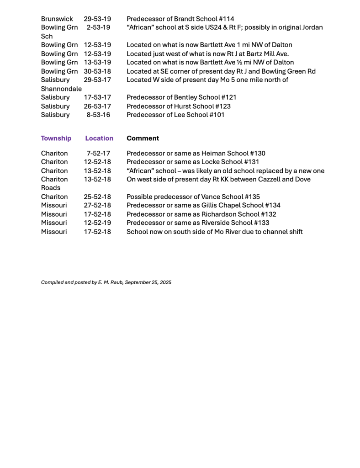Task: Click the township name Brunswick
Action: pos(57,19)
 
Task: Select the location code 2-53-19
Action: pos(98,27)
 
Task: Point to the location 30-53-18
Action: pos(97,71)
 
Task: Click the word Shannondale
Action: pos(61,89)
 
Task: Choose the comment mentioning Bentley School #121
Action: pos(181,97)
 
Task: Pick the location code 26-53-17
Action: pos(97,106)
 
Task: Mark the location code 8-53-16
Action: pos(98,115)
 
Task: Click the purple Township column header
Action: pos(56,138)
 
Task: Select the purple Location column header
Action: pos(99,138)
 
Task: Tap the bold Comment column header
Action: pos(143,138)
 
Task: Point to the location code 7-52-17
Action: pos(98,153)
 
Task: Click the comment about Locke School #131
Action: pos(193,162)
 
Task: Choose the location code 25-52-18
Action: pos(97,197)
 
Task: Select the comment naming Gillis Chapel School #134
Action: pos(203,205)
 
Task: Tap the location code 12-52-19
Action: pos(97,223)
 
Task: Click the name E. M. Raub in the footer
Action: pos(110,282)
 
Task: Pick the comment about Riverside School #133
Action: pos(198,223)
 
